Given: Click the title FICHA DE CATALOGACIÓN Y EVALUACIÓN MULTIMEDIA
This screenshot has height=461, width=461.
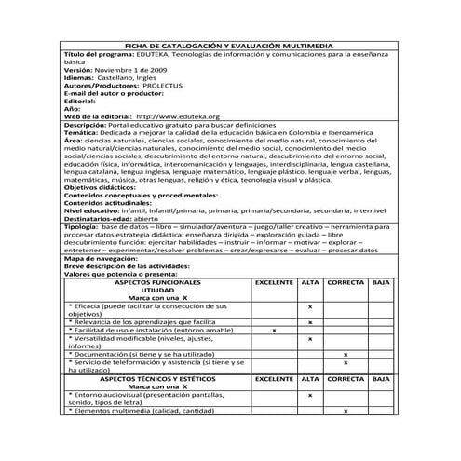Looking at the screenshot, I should click(x=229, y=46).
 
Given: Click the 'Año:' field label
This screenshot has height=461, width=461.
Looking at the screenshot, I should click(x=74, y=108).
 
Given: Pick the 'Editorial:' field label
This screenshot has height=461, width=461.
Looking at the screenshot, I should click(x=87, y=101).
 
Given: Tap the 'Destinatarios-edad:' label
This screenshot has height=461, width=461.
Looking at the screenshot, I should click(x=103, y=218).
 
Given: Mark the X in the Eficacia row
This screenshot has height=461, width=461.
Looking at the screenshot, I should click(x=310, y=305).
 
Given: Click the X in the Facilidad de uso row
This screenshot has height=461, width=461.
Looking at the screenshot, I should click(x=274, y=331).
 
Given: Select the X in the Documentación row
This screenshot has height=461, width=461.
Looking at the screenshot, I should click(x=346, y=355).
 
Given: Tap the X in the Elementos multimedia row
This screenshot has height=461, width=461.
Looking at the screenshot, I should click(x=346, y=410).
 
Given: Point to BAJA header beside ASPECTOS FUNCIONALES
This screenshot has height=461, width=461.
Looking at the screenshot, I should click(x=381, y=280).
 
